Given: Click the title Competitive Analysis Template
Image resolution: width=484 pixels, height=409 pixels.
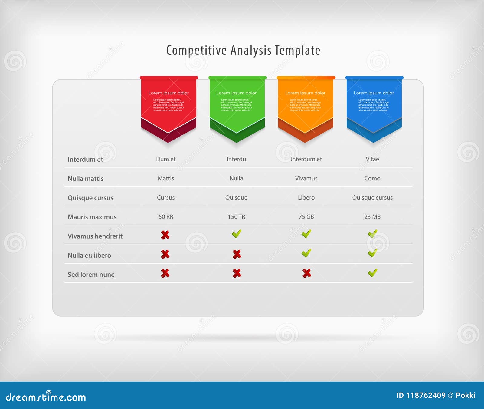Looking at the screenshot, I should pos(243,51).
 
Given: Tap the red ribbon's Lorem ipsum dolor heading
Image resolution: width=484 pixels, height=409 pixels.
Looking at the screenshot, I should pos(168,93).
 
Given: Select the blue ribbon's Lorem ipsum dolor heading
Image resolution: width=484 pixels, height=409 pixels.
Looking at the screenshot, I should pos(374,93).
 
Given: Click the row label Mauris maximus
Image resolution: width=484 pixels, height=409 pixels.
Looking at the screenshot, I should pos(92,217).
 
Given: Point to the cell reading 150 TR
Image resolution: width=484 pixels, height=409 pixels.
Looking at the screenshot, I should pos(236,217).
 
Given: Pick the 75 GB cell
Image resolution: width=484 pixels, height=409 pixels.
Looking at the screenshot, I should pos(306,217).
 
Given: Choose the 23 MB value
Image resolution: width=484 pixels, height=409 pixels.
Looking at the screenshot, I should pos(372,217).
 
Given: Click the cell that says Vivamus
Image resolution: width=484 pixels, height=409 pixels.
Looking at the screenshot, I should pos(306,178).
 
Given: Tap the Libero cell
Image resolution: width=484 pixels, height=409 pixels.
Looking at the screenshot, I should pos(306,197).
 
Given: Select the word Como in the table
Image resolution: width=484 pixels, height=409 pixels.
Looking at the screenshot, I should pos(372,178).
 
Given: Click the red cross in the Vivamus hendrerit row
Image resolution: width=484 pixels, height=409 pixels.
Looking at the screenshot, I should pos(165,235).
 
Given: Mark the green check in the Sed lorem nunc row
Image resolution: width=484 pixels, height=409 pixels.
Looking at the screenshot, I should pos(372,273).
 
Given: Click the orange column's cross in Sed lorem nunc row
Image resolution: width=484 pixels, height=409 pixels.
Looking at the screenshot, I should pos(306,273).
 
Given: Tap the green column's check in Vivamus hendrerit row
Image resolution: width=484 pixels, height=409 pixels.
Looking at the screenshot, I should pos(237,234).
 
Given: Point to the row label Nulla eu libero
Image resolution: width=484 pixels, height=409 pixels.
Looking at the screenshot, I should pos(89,255).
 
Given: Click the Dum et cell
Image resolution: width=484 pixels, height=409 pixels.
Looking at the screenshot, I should pos(166,159).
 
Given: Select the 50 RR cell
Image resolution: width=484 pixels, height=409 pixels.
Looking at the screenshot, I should pos(166,217).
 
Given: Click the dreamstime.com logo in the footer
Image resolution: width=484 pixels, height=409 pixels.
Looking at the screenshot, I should pos(46,397).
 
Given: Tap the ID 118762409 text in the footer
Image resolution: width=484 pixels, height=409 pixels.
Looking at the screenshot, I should pos(421,395).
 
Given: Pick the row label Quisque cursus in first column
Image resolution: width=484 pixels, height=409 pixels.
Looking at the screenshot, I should pos(90,198).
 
